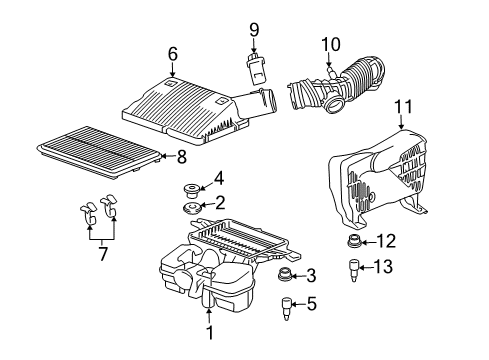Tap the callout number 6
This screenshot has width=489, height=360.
click(x=172, y=54)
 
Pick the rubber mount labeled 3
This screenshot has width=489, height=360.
click(x=285, y=276)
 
